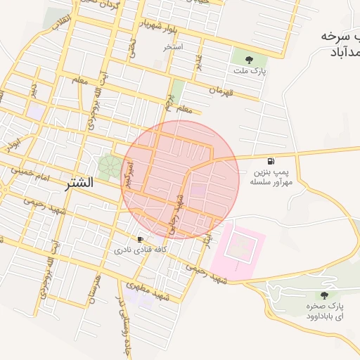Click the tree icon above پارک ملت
[x=250, y=58]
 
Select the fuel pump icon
[x=271, y=160]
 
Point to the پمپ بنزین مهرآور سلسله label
[x=271, y=176]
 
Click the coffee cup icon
[x=140, y=239]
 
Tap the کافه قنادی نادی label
[x=140, y=250]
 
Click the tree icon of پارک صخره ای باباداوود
[x=323, y=296]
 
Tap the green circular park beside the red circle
[x=109, y=167]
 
